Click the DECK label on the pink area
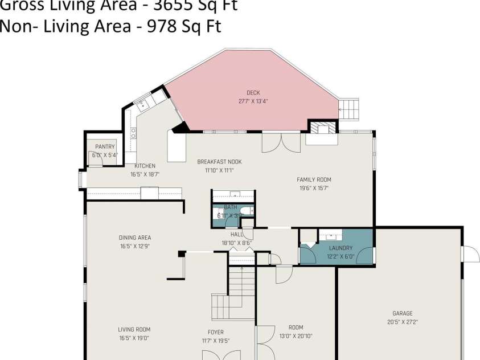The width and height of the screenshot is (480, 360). (x=253, y=93)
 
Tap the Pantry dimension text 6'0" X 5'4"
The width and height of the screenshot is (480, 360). (x=105, y=155)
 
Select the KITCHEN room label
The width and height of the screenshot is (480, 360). (x=145, y=166)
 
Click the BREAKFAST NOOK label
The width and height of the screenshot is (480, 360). (x=219, y=162)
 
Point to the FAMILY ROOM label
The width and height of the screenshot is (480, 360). (x=314, y=179)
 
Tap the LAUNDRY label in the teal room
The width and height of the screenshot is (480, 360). (x=340, y=248)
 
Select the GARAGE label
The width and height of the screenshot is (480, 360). (x=403, y=313)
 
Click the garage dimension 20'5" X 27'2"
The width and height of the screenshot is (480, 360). (x=403, y=322)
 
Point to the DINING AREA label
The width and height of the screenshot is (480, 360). (x=135, y=238)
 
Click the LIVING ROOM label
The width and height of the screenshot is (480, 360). (x=134, y=329)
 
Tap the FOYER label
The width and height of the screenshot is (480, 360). (x=216, y=332)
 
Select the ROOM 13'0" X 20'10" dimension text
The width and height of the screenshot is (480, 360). (x=296, y=336)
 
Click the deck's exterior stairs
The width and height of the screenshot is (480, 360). (x=348, y=108)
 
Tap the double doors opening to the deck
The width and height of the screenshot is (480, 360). (x=281, y=142)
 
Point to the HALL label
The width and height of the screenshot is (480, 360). (x=236, y=234)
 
